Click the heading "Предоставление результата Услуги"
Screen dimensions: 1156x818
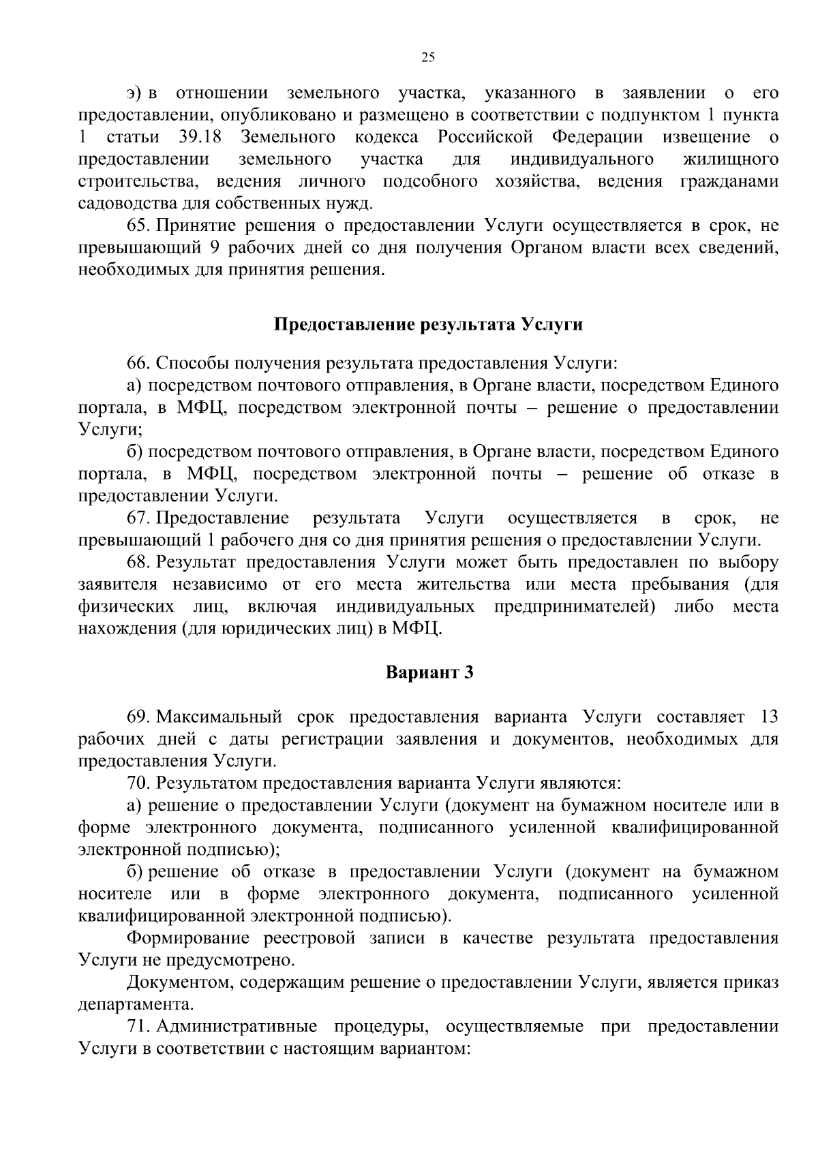428,324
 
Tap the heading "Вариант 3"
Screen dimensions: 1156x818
429,672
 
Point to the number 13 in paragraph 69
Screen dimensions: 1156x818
768,717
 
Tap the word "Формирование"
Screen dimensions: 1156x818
190,938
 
